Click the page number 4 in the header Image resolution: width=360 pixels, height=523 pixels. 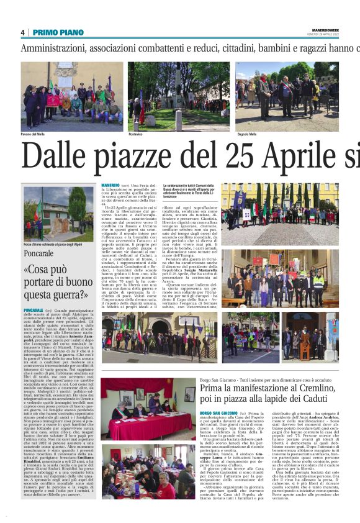[22, 32]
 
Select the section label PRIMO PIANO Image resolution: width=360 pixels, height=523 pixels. [58, 32]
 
